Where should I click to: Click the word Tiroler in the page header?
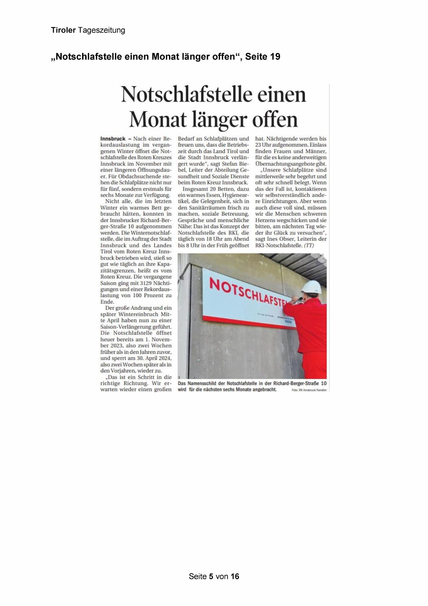(63, 30)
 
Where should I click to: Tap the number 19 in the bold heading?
(275, 57)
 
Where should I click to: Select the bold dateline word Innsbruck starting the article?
(113, 139)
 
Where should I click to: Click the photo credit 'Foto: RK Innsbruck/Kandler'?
(309, 390)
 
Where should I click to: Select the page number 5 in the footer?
(211, 576)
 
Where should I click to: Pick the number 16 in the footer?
(235, 576)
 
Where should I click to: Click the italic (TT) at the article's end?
(309, 245)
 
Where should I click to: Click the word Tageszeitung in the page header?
(101, 30)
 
